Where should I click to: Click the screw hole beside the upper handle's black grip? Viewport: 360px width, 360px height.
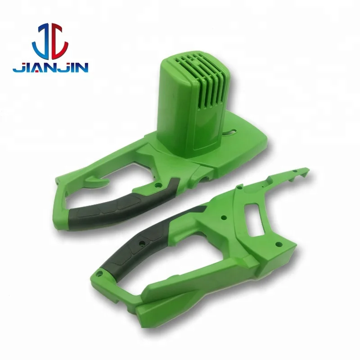[157, 184]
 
